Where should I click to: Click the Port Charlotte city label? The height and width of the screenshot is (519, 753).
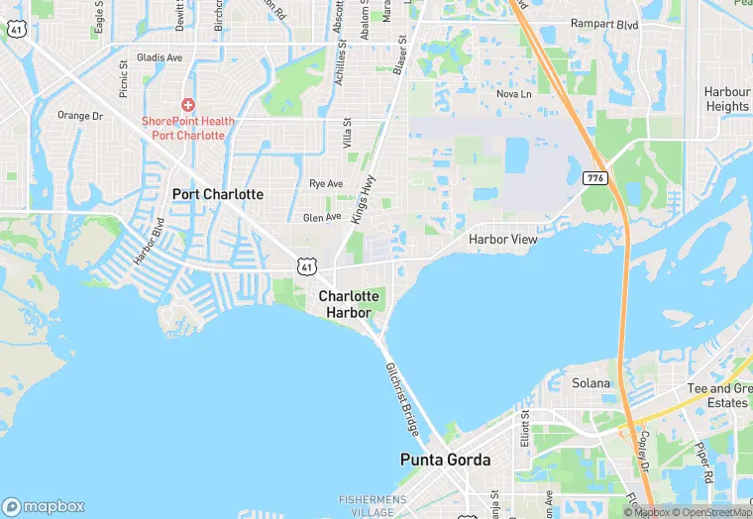click(218, 194)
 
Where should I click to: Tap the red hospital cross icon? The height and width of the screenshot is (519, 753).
click(187, 105)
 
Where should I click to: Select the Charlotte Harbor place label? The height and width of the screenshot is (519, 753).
click(349, 304)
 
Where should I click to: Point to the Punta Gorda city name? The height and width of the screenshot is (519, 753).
click(446, 460)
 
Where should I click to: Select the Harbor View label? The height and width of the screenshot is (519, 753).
click(503, 240)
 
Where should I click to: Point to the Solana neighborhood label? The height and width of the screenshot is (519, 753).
click(592, 382)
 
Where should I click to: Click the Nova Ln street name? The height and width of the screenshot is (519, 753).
click(513, 94)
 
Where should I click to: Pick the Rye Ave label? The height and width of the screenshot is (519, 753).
click(326, 184)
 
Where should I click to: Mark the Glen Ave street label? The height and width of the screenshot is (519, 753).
click(322, 217)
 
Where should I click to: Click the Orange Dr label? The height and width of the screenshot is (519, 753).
click(79, 116)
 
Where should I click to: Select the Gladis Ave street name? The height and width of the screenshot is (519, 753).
click(160, 57)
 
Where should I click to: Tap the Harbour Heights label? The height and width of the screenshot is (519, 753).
click(727, 99)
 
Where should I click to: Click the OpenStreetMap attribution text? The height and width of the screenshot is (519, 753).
click(712, 512)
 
